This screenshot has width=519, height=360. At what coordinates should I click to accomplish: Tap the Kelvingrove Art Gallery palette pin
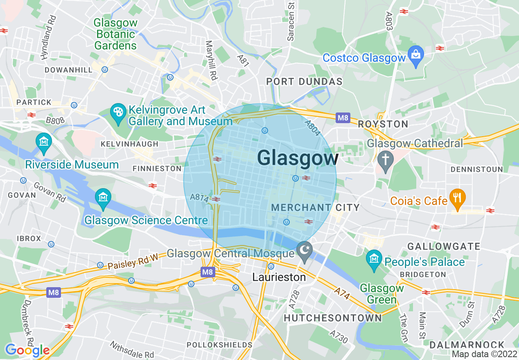click(x=118, y=114)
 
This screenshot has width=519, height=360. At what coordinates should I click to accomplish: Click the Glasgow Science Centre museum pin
click(x=103, y=200)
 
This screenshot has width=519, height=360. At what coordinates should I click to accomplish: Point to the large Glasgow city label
click(x=298, y=158)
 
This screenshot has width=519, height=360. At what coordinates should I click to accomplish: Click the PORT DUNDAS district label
click(x=304, y=81)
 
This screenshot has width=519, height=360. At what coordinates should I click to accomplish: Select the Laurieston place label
click(x=279, y=277)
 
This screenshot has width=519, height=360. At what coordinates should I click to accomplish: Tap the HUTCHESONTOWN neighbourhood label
click(x=333, y=318)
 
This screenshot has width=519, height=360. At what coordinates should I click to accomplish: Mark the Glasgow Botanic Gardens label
click(x=115, y=34)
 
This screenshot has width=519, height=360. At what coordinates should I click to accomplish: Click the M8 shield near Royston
click(x=343, y=118)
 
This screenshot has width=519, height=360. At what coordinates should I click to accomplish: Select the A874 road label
click(x=199, y=197)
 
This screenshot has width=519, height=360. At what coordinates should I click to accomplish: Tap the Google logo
click(x=27, y=350)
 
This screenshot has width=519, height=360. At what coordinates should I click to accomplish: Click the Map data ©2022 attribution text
click(x=484, y=354)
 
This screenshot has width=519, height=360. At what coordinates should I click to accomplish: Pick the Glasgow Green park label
click(x=381, y=294)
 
